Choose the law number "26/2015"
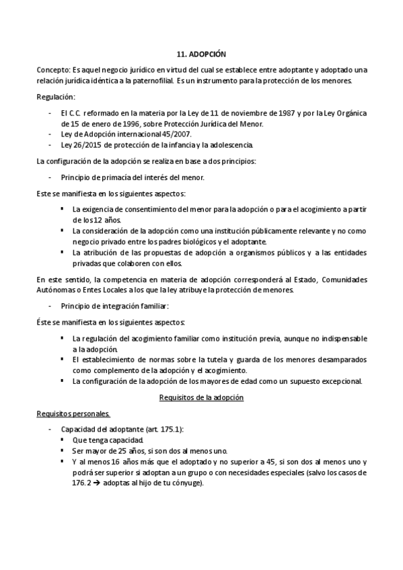85,145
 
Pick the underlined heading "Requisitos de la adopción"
201,397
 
